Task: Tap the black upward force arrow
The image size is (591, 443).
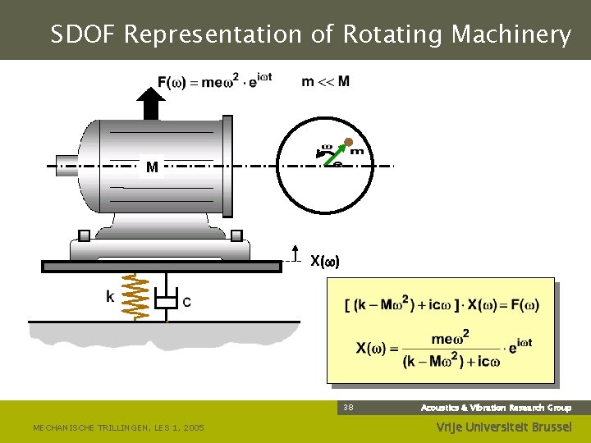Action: click(150, 103)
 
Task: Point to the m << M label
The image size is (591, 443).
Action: click(325, 81)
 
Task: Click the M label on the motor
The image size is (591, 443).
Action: click(152, 168)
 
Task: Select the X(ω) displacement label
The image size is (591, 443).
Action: click(324, 262)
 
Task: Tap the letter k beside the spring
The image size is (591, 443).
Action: click(110, 297)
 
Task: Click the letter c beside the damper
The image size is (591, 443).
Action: click(186, 302)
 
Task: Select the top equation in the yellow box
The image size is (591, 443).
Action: click(442, 305)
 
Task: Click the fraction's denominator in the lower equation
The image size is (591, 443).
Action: click(451, 361)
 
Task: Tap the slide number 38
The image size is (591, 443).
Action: click(348, 408)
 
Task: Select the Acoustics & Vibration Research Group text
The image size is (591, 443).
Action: click(496, 408)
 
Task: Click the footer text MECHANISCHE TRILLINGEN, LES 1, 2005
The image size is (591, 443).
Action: click(118, 427)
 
